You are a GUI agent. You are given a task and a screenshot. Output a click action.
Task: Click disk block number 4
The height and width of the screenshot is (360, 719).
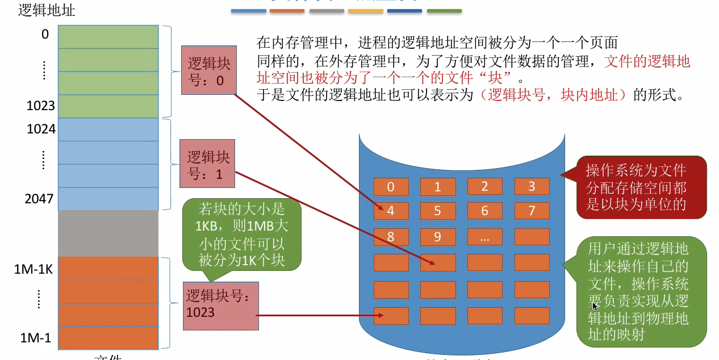[391, 211]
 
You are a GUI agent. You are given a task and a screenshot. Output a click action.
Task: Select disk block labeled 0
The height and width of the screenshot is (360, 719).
[391, 187]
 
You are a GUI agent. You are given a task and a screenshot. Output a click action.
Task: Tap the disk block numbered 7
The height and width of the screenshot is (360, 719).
[532, 211]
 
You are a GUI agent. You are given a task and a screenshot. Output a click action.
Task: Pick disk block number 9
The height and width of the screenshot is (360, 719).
[437, 236]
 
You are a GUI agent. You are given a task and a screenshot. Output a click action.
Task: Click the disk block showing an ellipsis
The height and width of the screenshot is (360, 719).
[484, 236]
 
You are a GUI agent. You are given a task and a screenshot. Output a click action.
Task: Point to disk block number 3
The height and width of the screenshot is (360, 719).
[532, 187]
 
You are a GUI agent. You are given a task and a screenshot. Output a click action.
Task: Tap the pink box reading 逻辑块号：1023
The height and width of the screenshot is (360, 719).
[220, 305]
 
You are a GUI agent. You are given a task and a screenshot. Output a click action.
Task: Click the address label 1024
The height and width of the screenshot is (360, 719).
[41, 129]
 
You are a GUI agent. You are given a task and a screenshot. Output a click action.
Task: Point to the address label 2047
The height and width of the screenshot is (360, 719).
[40, 199]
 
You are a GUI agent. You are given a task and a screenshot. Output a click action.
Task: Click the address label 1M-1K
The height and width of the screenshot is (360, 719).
[33, 269]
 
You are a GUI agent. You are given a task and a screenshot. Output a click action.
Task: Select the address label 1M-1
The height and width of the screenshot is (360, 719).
[36, 339]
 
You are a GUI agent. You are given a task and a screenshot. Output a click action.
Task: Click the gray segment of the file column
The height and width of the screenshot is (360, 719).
[108, 233]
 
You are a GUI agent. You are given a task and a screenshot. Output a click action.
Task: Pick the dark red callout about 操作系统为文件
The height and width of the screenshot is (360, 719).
[642, 187]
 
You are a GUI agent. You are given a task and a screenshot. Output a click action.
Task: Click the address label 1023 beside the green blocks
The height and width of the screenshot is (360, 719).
[40, 106]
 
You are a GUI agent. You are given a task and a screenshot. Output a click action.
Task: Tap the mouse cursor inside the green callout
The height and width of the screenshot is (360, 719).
[594, 306]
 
